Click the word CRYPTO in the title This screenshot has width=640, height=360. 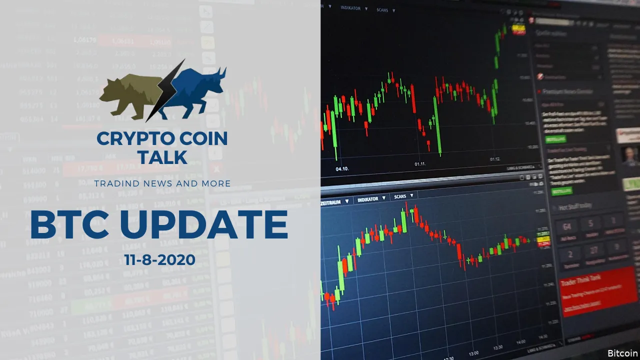click(x=130, y=139)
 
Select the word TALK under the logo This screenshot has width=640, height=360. click(x=162, y=157)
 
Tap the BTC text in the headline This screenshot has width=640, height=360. click(x=70, y=225)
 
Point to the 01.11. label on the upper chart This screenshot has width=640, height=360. click(x=420, y=163)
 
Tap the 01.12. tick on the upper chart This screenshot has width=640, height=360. click(x=495, y=159)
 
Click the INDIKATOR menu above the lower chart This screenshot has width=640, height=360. click(x=370, y=199)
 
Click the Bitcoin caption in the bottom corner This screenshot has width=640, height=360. click(x=622, y=353)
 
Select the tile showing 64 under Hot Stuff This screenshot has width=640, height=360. click(x=566, y=227)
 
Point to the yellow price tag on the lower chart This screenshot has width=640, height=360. click(x=542, y=240)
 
